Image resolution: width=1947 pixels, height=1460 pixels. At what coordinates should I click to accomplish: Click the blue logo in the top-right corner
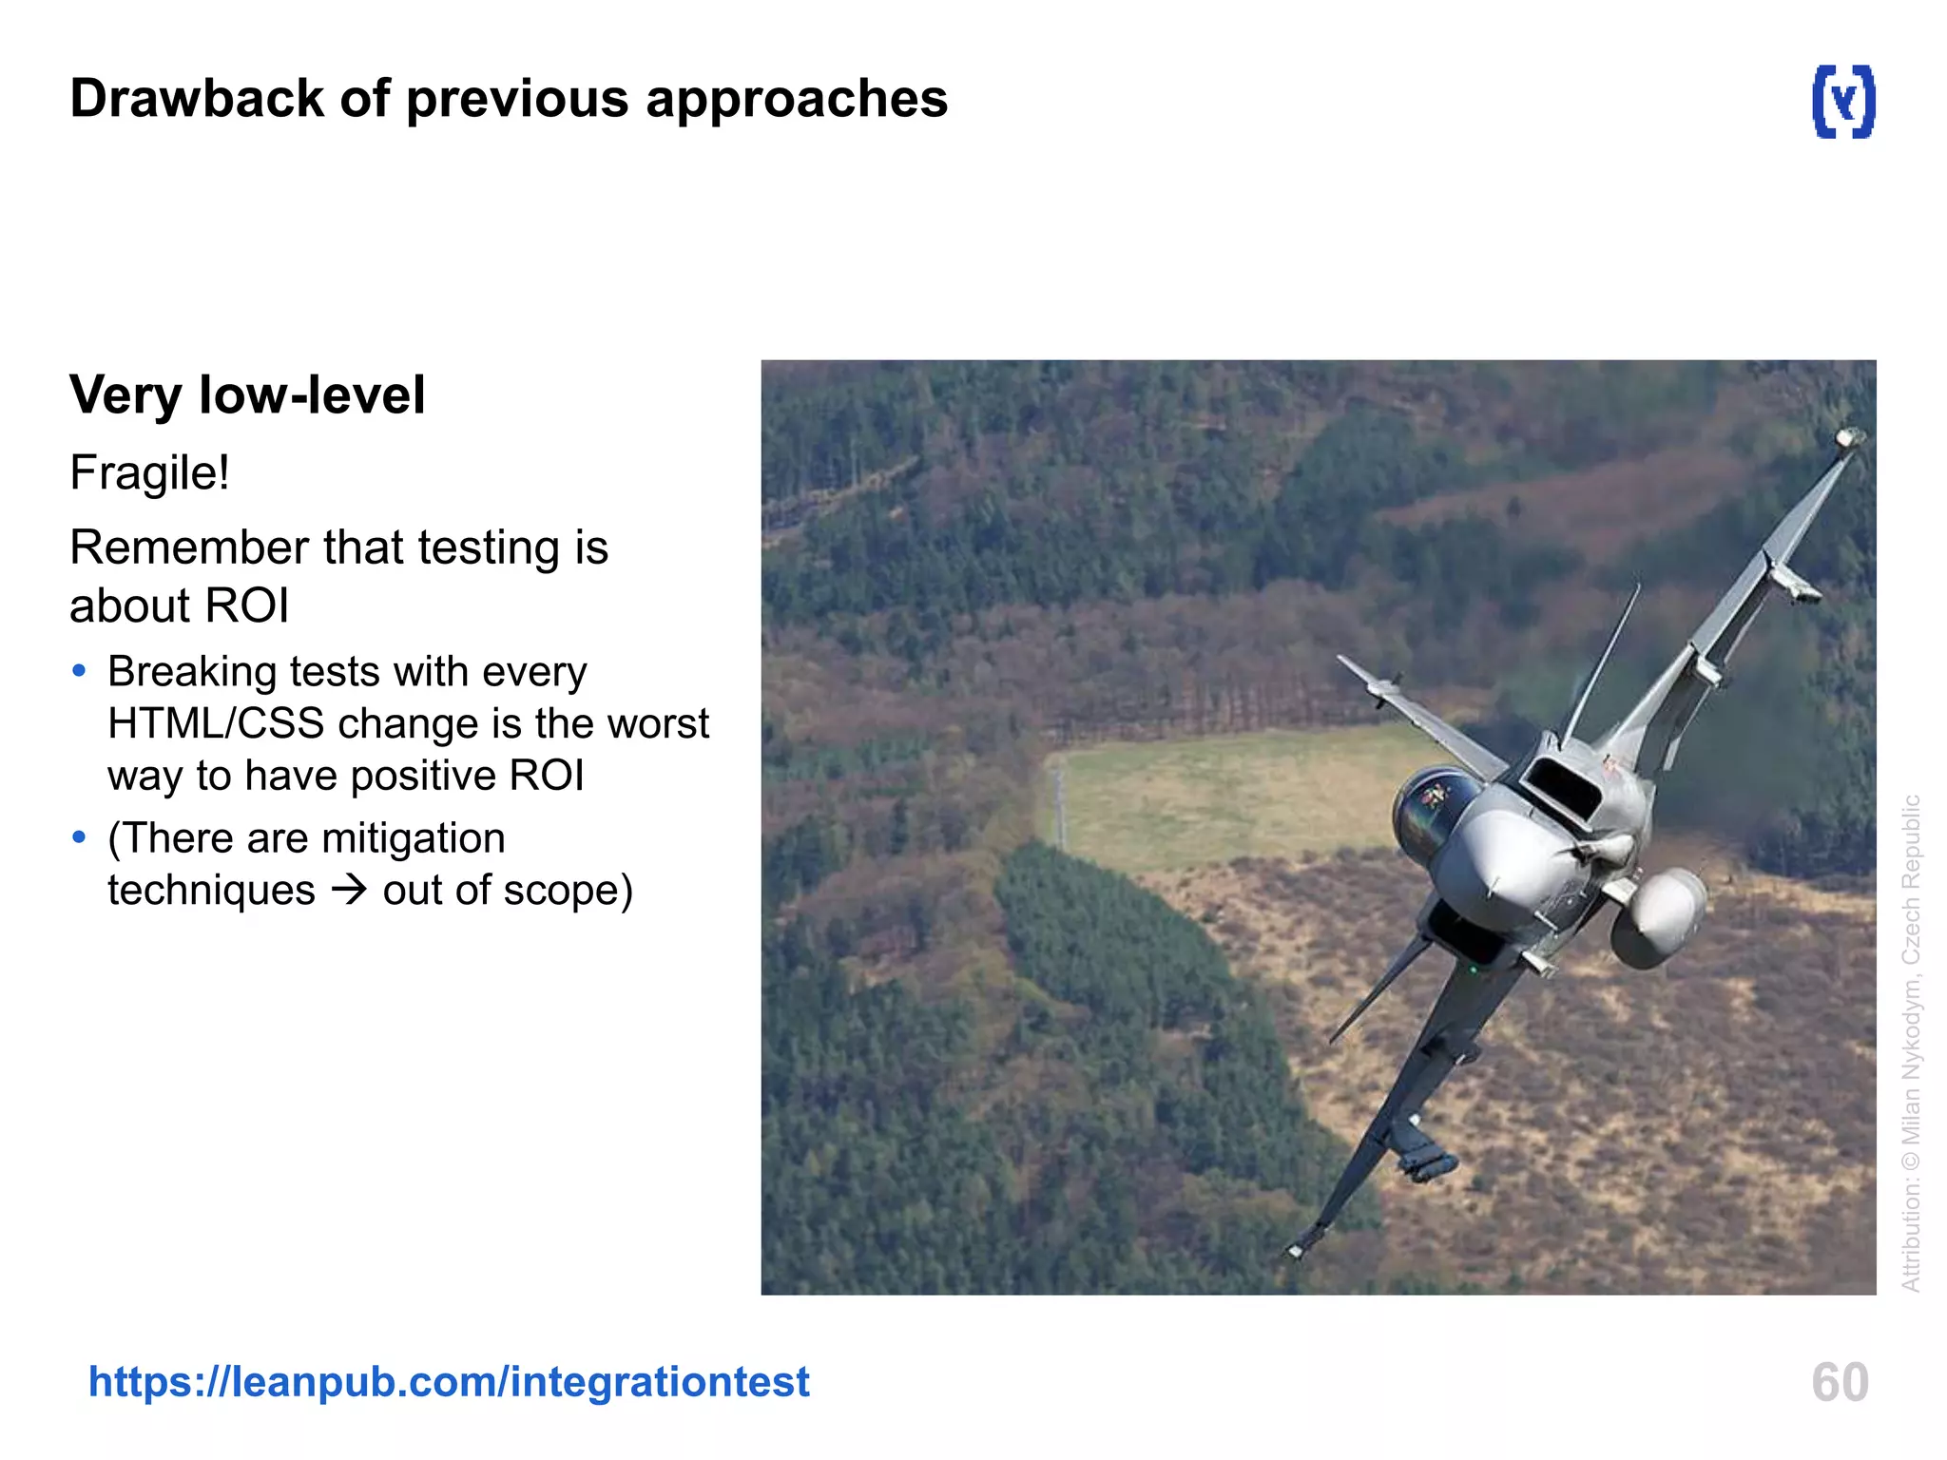pos(1842,101)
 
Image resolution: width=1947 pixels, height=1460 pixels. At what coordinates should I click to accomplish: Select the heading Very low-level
pos(247,395)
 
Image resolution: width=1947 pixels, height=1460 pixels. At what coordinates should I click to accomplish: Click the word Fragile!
pos(149,472)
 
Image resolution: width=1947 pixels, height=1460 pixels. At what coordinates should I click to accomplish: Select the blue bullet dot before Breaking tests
pos(79,672)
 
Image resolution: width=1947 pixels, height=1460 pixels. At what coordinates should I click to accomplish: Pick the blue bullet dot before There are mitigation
pos(79,837)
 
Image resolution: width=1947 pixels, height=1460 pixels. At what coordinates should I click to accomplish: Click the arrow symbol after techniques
pos(349,891)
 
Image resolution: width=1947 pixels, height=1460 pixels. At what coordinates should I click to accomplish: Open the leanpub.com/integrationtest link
pos(449,1381)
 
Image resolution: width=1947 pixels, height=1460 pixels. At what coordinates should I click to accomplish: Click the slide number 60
pos(1840,1382)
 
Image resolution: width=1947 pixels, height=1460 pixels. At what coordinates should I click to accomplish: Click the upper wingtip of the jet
pos(1849,438)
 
